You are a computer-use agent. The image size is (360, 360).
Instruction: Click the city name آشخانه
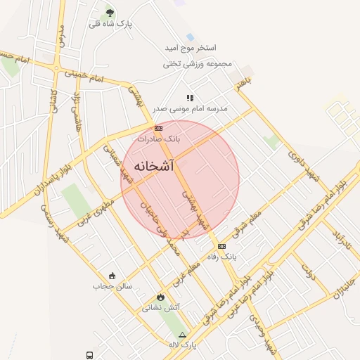153,167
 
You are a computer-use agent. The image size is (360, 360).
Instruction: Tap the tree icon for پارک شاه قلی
109,12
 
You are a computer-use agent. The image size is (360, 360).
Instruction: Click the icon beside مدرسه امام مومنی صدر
189,98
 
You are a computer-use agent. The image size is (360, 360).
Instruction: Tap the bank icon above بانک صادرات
158,128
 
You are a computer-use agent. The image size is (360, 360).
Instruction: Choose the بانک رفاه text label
222,257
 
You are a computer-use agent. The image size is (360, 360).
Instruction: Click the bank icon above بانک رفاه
221,246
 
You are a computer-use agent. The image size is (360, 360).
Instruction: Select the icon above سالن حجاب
112,275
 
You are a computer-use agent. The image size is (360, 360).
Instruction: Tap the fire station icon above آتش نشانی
161,297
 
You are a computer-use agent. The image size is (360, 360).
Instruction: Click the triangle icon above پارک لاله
183,335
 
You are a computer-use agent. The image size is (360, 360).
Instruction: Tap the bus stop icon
90,355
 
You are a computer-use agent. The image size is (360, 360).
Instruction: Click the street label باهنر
243,84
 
